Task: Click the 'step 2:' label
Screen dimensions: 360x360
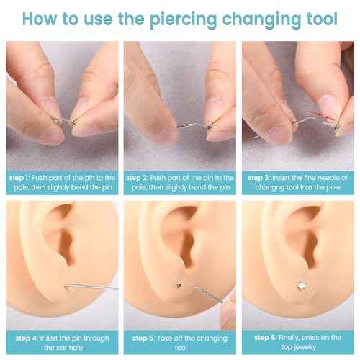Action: point(140,177)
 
